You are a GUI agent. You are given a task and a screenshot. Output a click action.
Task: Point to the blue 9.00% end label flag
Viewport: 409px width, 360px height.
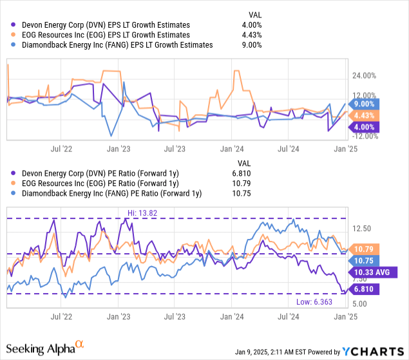[365, 104]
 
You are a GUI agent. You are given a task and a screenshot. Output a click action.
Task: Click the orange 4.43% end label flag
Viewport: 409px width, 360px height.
[365, 115]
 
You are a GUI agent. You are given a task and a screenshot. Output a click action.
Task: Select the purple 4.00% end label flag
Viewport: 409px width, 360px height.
[365, 127]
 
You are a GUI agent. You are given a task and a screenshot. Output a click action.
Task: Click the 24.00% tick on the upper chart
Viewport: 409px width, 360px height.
[363, 75]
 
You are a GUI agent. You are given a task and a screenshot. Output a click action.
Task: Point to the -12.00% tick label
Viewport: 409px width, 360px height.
[363, 136]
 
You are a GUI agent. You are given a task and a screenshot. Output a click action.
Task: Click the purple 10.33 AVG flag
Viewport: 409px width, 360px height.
[373, 272]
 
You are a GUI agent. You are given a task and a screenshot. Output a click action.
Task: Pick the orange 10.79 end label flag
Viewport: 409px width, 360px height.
[365, 248]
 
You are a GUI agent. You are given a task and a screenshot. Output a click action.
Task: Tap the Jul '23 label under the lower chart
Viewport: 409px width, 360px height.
[175, 316]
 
